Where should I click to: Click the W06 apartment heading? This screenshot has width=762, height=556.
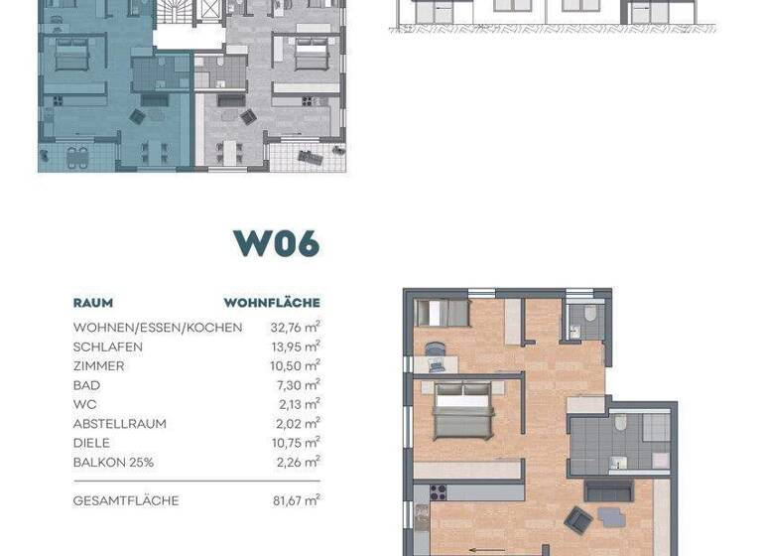tap(276, 242)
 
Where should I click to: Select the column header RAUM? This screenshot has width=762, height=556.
tap(93, 303)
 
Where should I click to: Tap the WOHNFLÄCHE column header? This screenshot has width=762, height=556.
tap(271, 303)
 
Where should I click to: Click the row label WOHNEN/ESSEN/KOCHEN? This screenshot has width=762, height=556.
tap(157, 328)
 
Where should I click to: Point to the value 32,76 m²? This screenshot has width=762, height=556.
tap(295, 327)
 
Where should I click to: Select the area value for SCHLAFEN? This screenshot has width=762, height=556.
tap(295, 347)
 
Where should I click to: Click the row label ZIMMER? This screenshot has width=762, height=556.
tap(98, 366)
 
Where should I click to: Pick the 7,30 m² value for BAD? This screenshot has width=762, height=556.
tap(298, 385)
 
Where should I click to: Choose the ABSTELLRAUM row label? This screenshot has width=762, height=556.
tap(119, 424)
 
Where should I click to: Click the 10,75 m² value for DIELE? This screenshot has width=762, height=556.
tap(295, 443)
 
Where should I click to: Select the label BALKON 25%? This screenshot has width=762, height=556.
tap(113, 463)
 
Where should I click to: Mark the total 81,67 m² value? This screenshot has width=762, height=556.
tap(295, 500)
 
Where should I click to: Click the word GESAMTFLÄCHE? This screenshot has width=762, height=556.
tap(126, 501)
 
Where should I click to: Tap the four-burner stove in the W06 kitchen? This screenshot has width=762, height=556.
tap(439, 490)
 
